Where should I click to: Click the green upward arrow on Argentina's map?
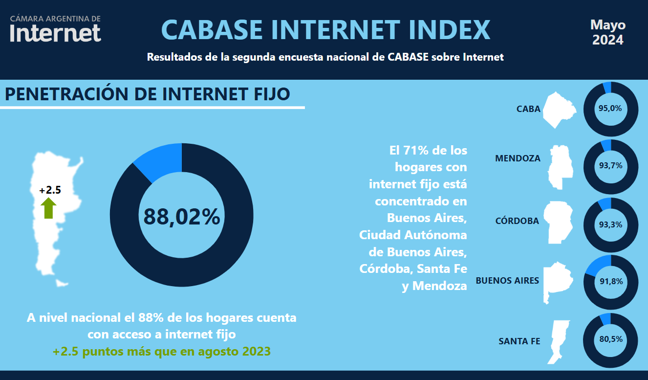[x=48, y=208]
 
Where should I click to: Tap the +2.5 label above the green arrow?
[x=50, y=190]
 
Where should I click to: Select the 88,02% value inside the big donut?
[x=182, y=217]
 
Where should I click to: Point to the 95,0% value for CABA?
[x=610, y=108]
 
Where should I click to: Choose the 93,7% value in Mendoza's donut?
[x=610, y=165]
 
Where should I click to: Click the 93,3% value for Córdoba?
[x=610, y=224]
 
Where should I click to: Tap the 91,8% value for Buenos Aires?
[x=611, y=281]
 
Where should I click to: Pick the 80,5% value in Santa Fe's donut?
[x=611, y=339]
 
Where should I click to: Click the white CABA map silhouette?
[x=558, y=110]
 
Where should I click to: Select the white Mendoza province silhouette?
[x=560, y=167]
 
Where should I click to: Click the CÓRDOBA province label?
[x=517, y=221]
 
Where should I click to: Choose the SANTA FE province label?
[x=519, y=341]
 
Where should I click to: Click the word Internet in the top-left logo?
[x=55, y=33]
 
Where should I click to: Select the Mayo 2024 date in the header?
[x=608, y=32]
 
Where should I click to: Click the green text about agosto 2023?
[x=162, y=351]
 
